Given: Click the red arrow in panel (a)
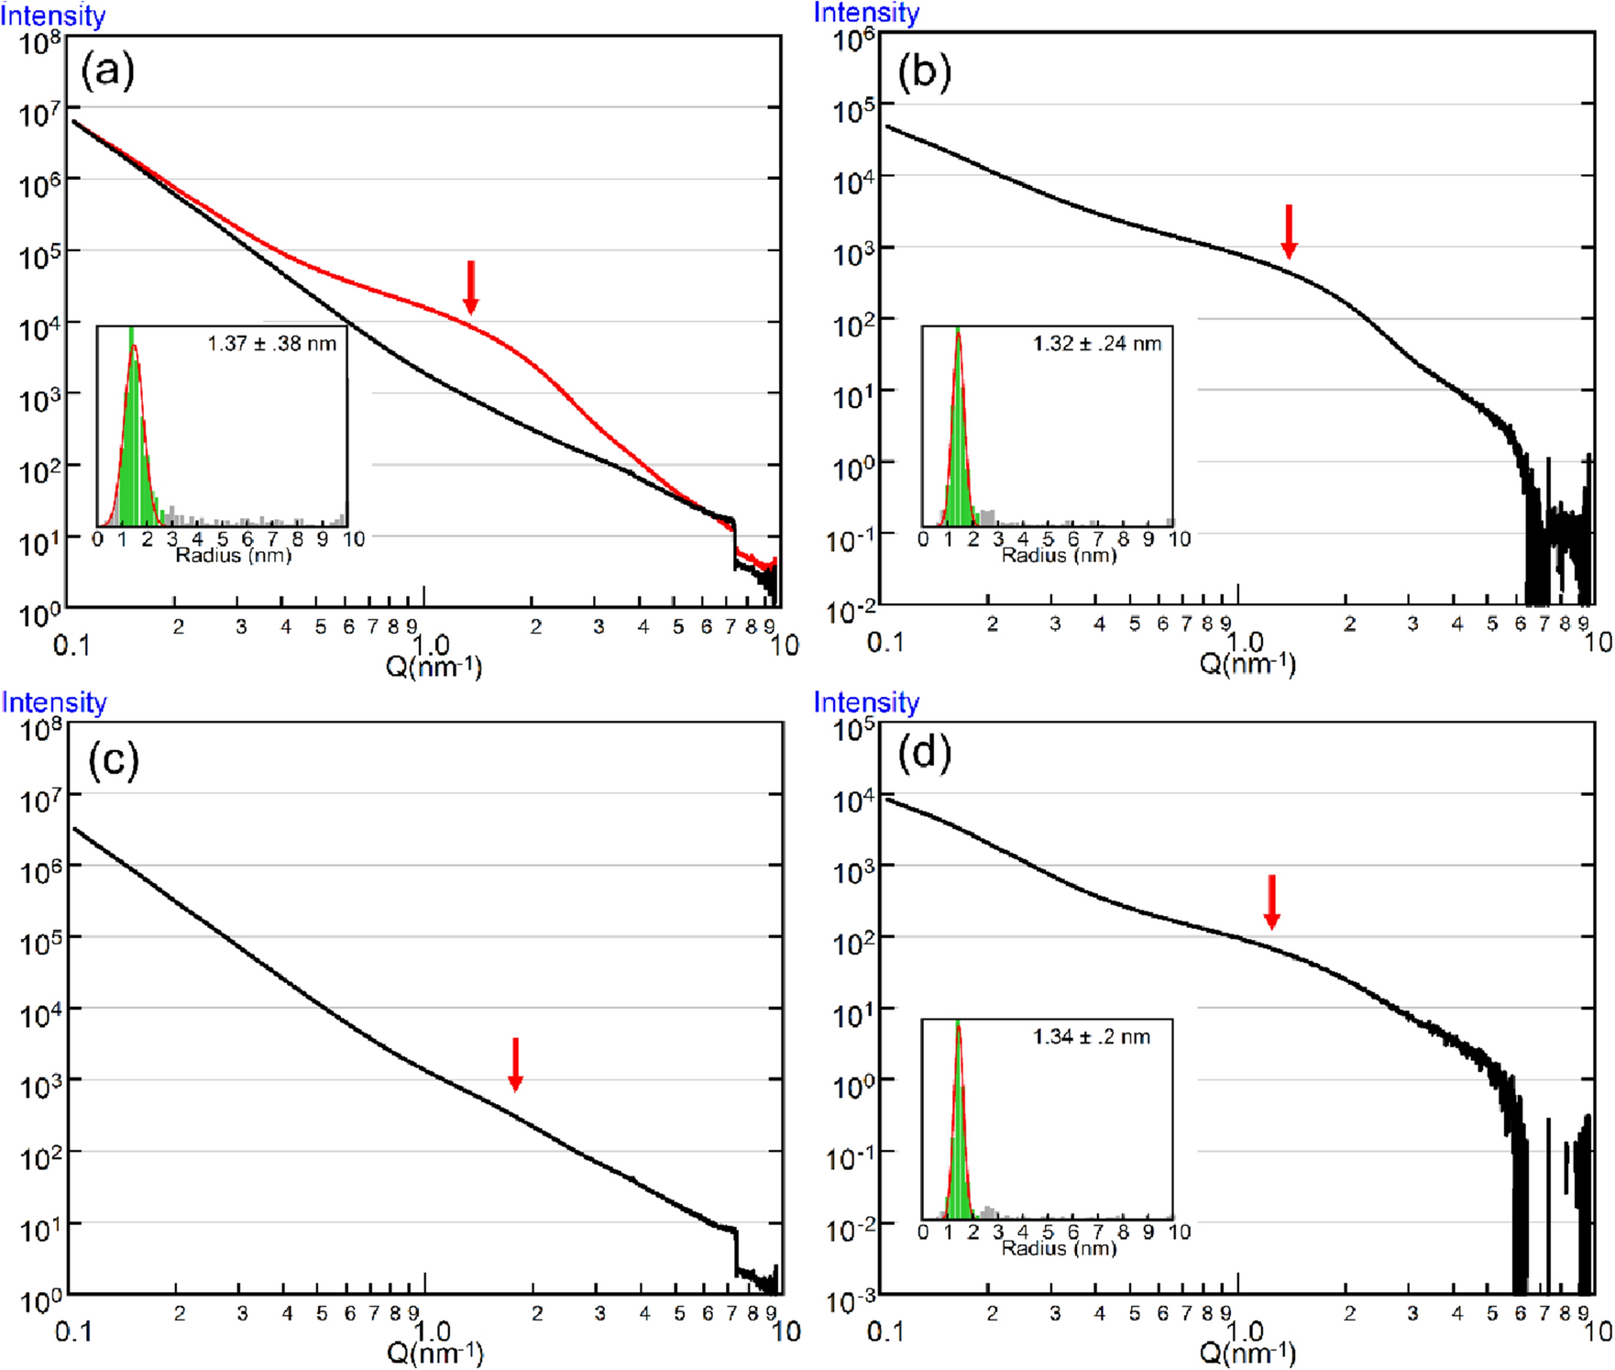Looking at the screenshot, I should click(470, 287).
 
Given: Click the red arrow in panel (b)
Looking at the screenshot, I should click(1289, 231).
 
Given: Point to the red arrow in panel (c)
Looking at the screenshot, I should click(515, 1064).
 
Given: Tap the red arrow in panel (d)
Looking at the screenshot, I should click(1271, 901).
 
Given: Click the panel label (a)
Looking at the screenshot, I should click(107, 71).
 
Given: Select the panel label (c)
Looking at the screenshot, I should click(113, 760).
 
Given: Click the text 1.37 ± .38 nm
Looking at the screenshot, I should click(271, 344).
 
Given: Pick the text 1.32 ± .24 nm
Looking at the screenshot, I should click(1096, 344).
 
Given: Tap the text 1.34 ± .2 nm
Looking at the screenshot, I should click(1091, 1037).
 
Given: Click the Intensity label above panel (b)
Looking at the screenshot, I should click(866, 13).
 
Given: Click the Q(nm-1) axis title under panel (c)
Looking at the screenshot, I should click(434, 1352).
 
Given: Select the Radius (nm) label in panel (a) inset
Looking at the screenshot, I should click(233, 556).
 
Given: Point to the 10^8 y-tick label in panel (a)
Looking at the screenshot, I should click(39, 42).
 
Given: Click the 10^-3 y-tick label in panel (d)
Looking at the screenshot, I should click(852, 1300).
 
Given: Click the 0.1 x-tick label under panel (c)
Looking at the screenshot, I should click(73, 1331).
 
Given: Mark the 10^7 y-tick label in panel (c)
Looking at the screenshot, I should click(40, 800).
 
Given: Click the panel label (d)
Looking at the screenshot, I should click(924, 754).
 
